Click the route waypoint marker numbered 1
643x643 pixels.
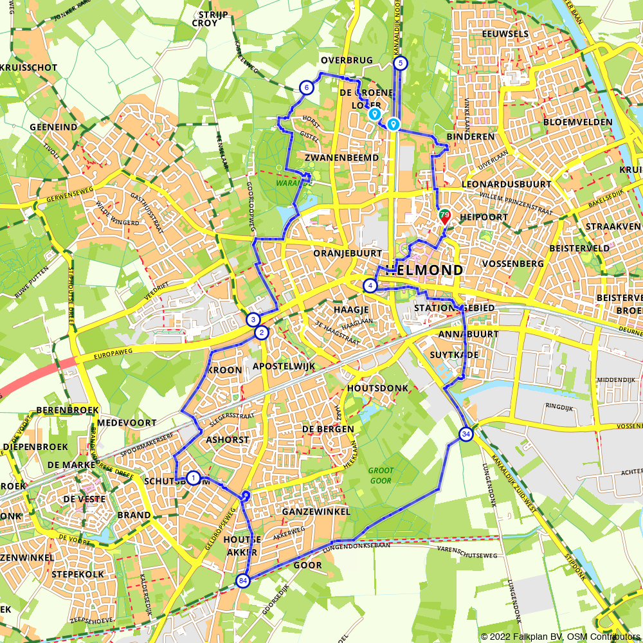click(x=192, y=477)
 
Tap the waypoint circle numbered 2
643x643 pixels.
click(x=261, y=332)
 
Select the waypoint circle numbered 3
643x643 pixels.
click(x=253, y=320)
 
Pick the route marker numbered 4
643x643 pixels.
click(x=370, y=285)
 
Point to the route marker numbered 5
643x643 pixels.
click(x=401, y=62)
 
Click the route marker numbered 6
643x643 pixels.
click(x=307, y=87)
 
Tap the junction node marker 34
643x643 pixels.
click(x=466, y=435)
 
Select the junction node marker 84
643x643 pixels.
click(x=242, y=581)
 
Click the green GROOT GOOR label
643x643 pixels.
click(x=381, y=475)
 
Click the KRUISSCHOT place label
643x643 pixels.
click(x=29, y=68)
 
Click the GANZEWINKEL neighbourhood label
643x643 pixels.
click(x=316, y=511)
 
